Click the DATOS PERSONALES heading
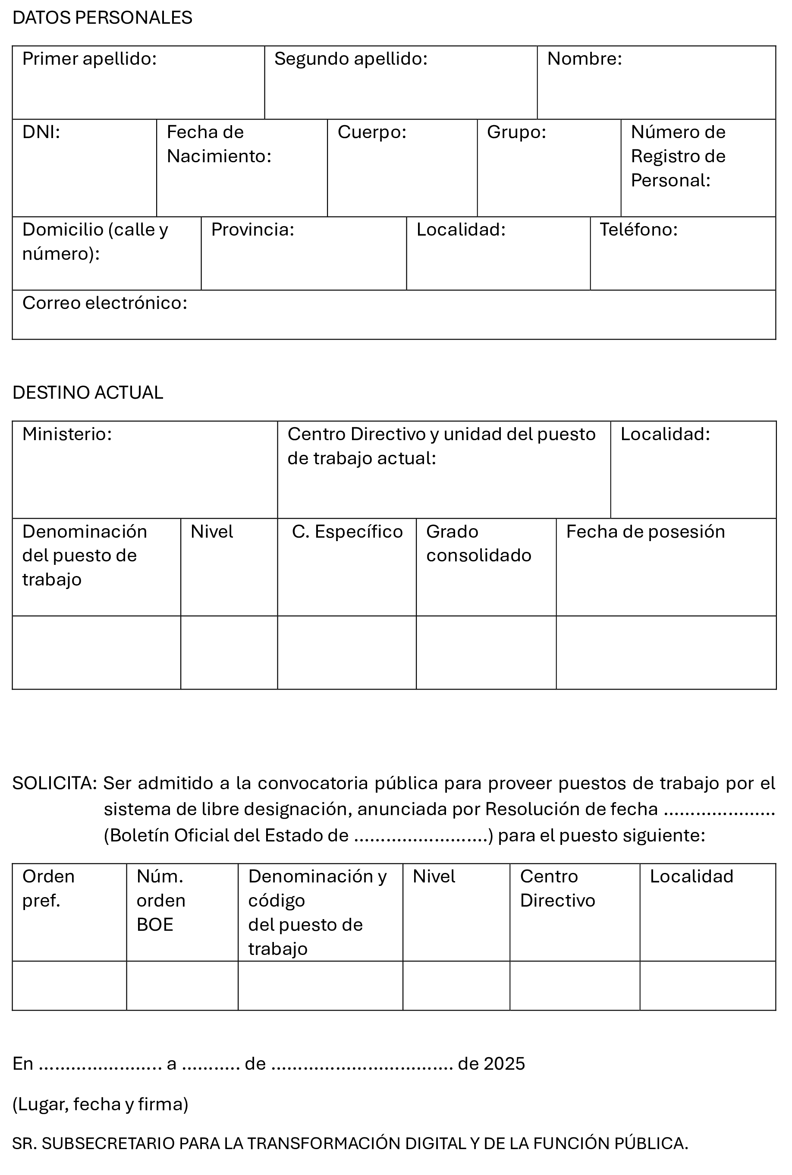coord(102,18)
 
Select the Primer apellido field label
coord(89,59)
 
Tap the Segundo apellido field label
coord(351,59)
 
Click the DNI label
coord(41,132)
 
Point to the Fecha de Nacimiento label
coord(219,144)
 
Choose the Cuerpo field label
coord(372,132)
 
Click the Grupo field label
coord(516,132)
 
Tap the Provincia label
coord(252,230)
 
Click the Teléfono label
coord(638,230)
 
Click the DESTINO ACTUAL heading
coord(88,393)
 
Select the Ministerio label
coord(67,435)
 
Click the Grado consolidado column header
coord(478,544)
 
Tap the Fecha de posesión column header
coord(645,532)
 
